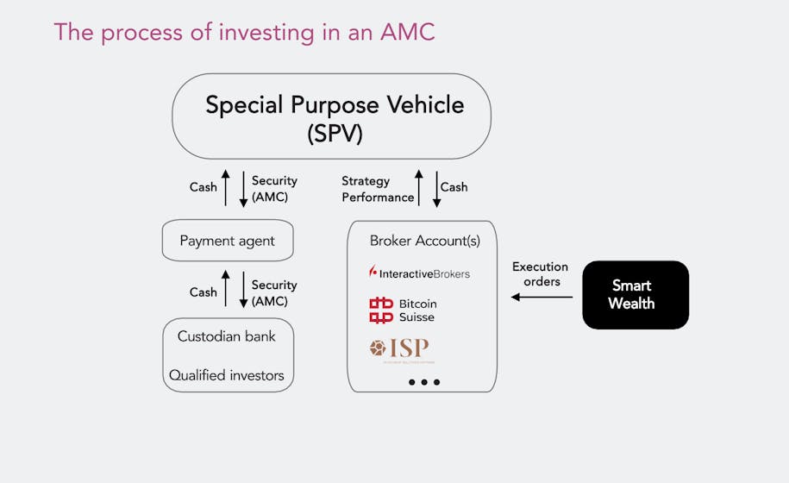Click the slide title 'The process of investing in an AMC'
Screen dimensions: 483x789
244,32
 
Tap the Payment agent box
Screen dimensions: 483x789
228,241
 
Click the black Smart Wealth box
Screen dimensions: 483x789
636,295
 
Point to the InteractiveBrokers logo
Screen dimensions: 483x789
419,273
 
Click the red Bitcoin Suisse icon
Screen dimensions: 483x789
380,310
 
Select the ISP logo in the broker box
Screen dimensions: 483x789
399,349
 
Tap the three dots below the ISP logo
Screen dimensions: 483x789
424,381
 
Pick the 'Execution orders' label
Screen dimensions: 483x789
540,274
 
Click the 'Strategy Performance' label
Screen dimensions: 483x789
378,189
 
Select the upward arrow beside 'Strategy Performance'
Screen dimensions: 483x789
420,188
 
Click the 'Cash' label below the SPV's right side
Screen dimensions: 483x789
454,187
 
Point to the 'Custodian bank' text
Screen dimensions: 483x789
227,336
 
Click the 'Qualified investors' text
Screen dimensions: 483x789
227,375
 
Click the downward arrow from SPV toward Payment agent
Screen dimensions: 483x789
243,188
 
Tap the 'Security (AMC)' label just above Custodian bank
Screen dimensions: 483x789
274,293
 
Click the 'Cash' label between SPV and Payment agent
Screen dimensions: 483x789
204,187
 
